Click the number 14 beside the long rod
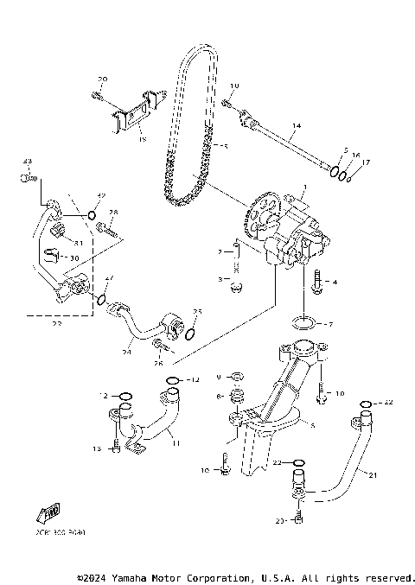296,126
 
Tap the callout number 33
27,162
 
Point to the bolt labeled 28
107,229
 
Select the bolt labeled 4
319,281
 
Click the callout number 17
365,162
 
